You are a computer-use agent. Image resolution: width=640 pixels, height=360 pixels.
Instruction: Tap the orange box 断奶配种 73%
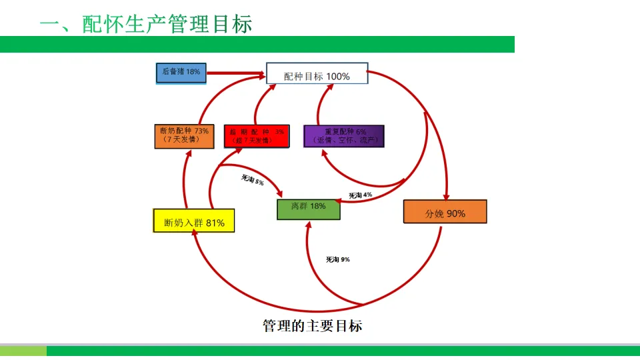pyautogui.click(x=184, y=136)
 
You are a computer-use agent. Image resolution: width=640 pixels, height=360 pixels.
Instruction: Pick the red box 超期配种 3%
pyautogui.click(x=257, y=136)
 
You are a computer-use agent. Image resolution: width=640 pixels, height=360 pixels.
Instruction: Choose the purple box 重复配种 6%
pyautogui.click(x=343, y=136)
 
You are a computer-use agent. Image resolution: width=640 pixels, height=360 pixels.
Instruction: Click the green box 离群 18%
pyautogui.click(x=309, y=209)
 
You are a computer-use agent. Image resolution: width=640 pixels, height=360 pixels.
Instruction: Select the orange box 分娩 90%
pyautogui.click(x=445, y=212)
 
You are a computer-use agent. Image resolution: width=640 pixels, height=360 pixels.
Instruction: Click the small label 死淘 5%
pyautogui.click(x=253, y=179)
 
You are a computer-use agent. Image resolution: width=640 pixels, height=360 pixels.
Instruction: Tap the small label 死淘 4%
pyautogui.click(x=361, y=195)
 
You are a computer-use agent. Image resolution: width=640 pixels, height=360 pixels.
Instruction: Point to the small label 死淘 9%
pyautogui.click(x=338, y=259)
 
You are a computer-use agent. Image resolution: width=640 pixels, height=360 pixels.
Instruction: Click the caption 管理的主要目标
pyautogui.click(x=313, y=326)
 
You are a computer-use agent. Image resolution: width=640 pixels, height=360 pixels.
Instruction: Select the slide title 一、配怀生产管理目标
pyautogui.click(x=146, y=24)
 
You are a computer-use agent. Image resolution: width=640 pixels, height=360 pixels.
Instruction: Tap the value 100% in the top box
pyautogui.click(x=338, y=76)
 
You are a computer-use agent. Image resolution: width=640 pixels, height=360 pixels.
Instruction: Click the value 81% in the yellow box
pyautogui.click(x=215, y=223)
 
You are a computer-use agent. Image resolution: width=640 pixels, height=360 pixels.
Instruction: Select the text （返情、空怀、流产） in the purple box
pyautogui.click(x=344, y=141)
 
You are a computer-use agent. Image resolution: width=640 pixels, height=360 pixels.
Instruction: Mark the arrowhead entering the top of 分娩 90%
pyautogui.click(x=446, y=195)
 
